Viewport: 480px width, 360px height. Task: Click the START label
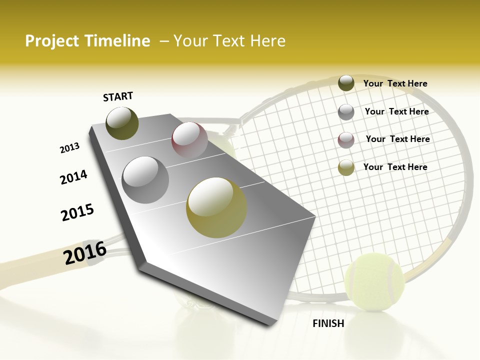point(118,96)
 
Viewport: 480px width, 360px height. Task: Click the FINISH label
point(328,323)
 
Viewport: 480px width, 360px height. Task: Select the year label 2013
point(70,148)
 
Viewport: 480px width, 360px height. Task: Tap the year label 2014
point(73,177)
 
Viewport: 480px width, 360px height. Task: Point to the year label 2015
point(77,212)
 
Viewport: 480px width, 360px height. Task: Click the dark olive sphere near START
point(122,123)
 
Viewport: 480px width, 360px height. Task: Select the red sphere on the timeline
point(189,139)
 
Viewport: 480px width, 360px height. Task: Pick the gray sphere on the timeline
point(145,179)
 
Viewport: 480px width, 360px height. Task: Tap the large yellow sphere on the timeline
point(216,207)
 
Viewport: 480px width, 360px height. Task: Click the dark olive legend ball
point(346,83)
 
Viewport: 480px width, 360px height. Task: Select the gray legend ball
point(346,111)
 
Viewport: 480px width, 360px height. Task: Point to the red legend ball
point(346,140)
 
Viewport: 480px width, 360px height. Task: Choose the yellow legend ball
point(346,167)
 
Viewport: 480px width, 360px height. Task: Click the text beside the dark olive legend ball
point(395,83)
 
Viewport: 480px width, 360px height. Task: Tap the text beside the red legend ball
point(397,139)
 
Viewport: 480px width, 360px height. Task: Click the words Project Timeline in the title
point(87,41)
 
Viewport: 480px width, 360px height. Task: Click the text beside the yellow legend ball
point(395,167)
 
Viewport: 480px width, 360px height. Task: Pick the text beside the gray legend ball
point(396,111)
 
